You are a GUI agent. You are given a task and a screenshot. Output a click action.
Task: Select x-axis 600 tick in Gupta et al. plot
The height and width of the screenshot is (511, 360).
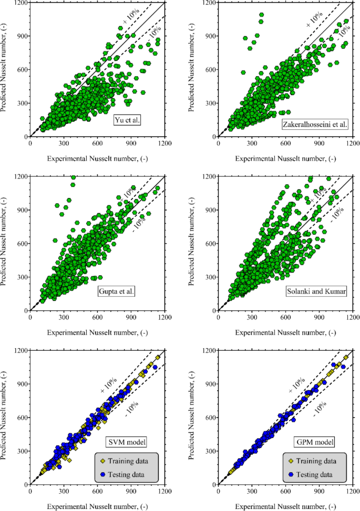click(x=98, y=318)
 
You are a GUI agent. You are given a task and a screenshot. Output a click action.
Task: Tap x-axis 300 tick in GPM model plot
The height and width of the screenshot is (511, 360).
click(x=252, y=492)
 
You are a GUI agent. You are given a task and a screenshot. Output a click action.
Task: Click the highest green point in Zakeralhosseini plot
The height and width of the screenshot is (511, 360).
click(x=261, y=15)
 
